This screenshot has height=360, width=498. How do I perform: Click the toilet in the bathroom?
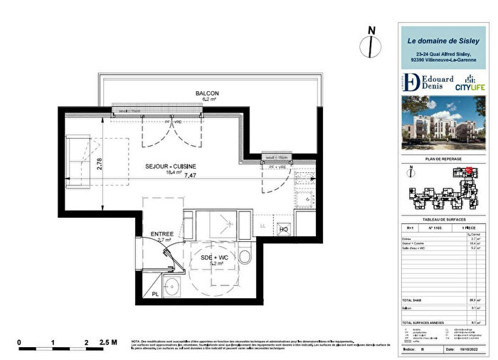[x=245, y=257]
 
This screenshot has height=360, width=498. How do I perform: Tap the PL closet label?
[x=156, y=293]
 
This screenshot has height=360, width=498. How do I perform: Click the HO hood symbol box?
[x=283, y=229]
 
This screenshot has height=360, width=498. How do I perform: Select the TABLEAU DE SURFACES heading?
[x=443, y=220]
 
